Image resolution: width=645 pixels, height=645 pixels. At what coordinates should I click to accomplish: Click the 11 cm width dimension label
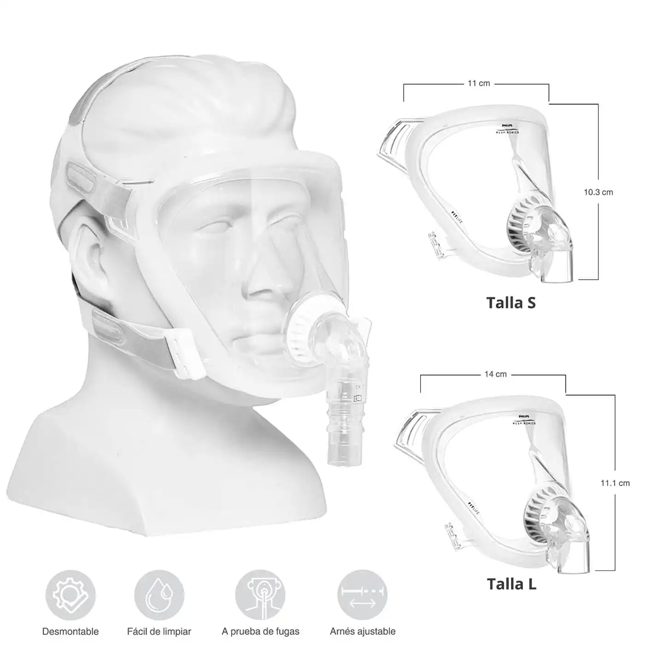(479, 83)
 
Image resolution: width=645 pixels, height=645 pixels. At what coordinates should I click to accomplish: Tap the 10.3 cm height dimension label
(598, 192)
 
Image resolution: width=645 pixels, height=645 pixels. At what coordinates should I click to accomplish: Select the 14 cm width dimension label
(495, 374)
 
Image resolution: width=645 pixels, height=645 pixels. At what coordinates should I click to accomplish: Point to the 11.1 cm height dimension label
(615, 483)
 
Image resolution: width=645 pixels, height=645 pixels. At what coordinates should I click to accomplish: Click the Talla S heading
(511, 303)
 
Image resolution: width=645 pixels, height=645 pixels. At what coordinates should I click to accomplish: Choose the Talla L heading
(511, 584)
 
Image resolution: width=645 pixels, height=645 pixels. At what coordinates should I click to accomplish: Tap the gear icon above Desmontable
(70, 595)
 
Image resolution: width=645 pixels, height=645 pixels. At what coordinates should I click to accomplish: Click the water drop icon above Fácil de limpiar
(159, 595)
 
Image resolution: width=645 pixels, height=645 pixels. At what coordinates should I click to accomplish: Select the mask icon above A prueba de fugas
(260, 595)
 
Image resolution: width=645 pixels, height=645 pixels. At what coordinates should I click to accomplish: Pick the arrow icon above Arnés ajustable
(362, 595)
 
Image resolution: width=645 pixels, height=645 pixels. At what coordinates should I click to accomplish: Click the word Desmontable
(70, 631)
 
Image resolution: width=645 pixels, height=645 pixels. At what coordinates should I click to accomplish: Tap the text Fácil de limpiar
(159, 631)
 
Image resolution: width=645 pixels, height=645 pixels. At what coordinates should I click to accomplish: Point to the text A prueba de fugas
(260, 631)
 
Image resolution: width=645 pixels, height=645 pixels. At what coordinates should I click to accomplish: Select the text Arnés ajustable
(363, 631)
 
